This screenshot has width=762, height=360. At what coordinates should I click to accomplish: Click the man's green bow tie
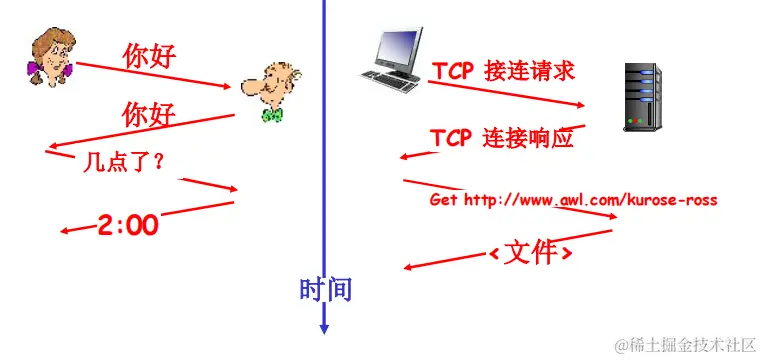point(271,115)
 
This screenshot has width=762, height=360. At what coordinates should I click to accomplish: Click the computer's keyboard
point(391,81)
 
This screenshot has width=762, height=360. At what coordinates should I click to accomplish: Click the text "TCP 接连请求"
point(503,72)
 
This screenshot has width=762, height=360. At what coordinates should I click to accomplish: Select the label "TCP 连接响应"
point(502,138)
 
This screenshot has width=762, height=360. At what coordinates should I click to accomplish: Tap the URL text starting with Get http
point(573,200)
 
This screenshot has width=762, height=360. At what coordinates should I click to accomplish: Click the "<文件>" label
point(530,252)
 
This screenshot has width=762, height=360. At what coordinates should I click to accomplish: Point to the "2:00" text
point(128,224)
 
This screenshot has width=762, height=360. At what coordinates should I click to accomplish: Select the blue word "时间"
point(325,289)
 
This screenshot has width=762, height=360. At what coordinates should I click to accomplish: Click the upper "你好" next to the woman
point(149,55)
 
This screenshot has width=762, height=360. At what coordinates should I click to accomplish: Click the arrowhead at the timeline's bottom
point(324,327)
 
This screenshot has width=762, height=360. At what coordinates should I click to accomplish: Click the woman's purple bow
point(37,70)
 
